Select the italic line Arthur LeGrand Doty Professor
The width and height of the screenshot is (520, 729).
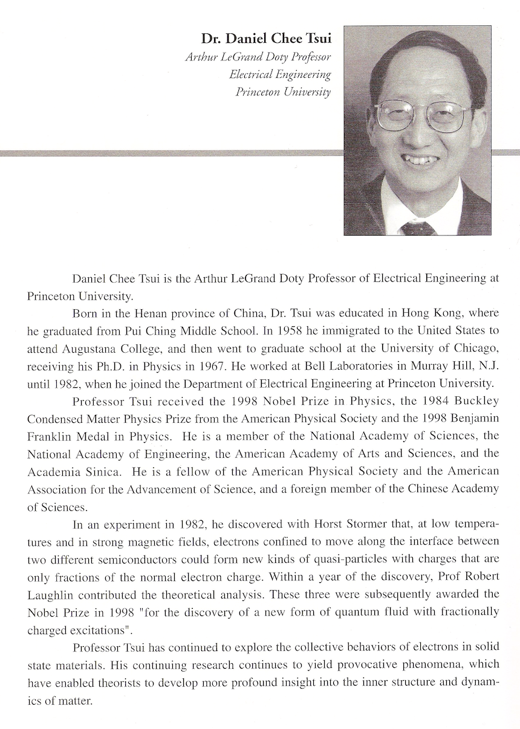coord(258,57)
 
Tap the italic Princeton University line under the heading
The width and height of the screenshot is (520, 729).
coord(283,92)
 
